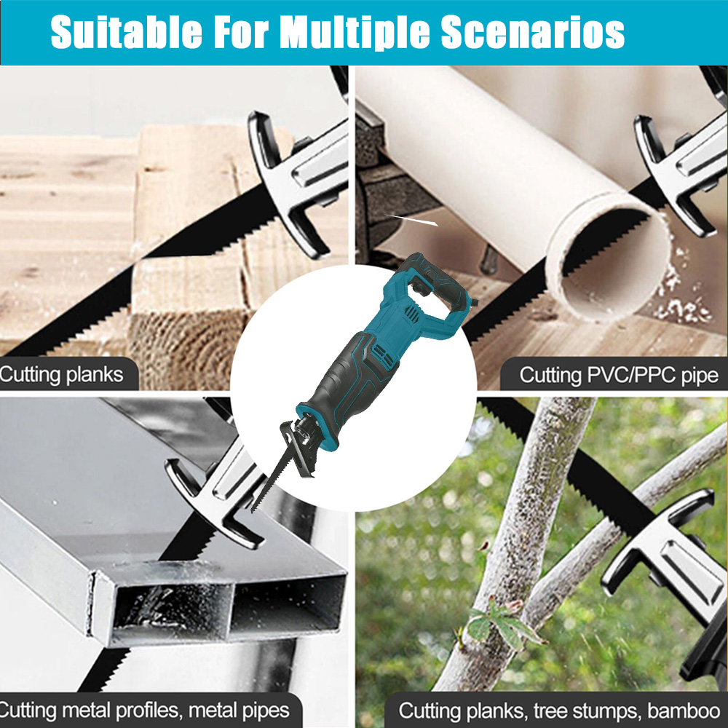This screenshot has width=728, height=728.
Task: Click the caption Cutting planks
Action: [62, 374]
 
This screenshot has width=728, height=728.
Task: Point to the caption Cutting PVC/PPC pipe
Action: [618, 375]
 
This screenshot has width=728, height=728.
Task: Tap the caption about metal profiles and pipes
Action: [145, 711]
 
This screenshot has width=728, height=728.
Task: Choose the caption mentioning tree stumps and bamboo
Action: [559, 711]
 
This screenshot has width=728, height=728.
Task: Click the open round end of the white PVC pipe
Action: [608, 257]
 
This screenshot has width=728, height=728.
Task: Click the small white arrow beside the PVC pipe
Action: [411, 220]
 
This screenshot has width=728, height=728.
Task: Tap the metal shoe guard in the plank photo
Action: [297, 181]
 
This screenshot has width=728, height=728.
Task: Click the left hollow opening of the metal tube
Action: [173, 608]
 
